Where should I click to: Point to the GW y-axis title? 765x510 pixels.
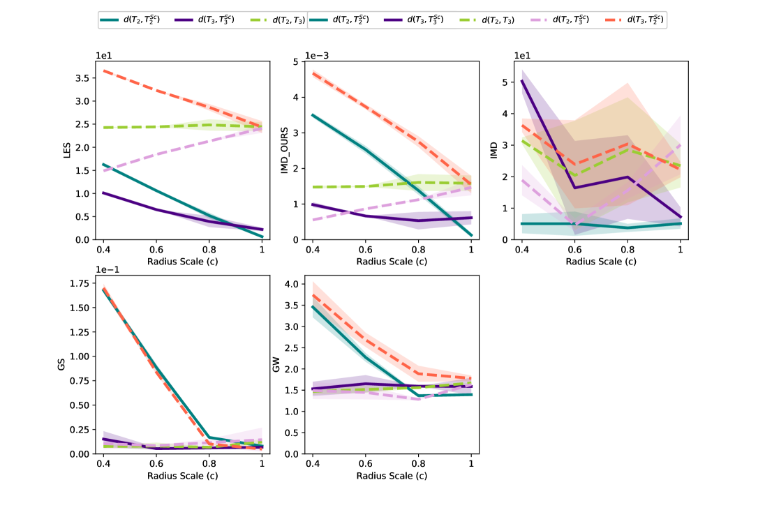pyautogui.click(x=276, y=364)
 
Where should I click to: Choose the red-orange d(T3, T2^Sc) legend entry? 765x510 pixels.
pyautogui.click(x=641, y=20)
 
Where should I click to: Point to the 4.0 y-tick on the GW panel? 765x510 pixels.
pyautogui.click(x=291, y=284)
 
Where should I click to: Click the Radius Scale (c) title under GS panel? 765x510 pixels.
pyautogui.click(x=183, y=476)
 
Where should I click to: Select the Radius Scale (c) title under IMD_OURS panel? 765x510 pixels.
pyautogui.click(x=392, y=262)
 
